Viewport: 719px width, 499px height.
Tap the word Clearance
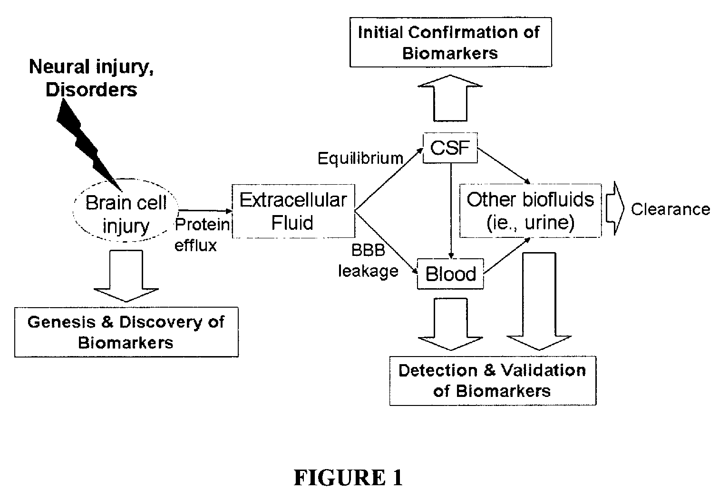pyautogui.click(x=670, y=209)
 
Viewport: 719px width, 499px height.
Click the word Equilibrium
pyautogui.click(x=360, y=158)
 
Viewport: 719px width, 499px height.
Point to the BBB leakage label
pyautogui.click(x=368, y=260)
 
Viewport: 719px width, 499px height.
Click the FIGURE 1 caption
pyautogui.click(x=348, y=478)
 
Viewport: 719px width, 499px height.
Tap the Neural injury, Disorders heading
pyautogui.click(x=91, y=78)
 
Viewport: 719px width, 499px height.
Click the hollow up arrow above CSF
pyautogui.click(x=450, y=98)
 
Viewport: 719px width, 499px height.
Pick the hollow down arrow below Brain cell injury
pyautogui.click(x=126, y=276)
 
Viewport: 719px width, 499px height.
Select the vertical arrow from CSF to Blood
pyautogui.click(x=451, y=211)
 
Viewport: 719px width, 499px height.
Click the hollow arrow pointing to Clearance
pyautogui.click(x=615, y=208)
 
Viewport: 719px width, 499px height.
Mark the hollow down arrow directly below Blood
pyautogui.click(x=450, y=324)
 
